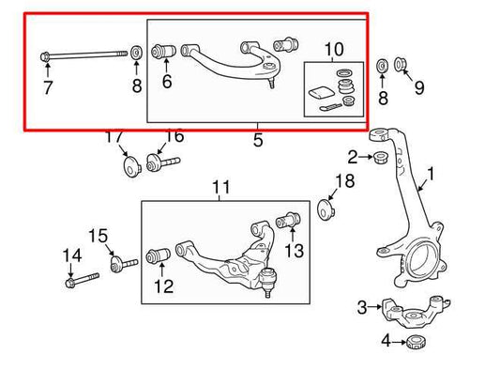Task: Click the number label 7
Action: (47, 88)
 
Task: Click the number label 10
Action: (334, 49)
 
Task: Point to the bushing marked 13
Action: (291, 222)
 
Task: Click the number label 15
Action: (98, 235)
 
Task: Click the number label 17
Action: (114, 137)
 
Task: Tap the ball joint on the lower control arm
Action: (269, 279)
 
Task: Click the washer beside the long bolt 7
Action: (136, 52)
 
